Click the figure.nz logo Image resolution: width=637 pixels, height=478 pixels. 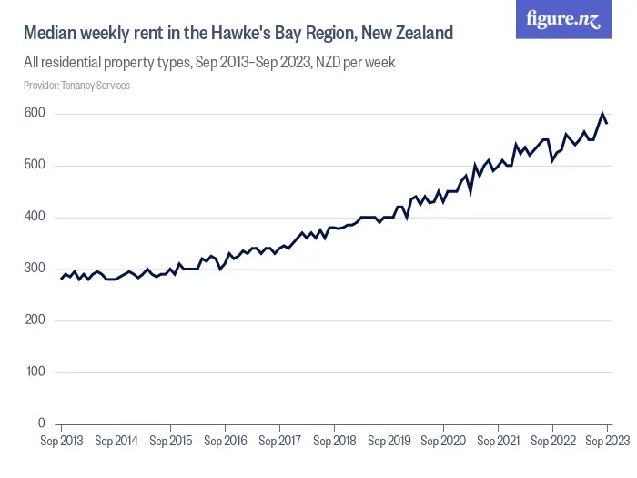coord(563,19)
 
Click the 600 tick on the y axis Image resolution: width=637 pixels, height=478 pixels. coord(35,114)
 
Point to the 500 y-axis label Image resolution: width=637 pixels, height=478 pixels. coord(35,166)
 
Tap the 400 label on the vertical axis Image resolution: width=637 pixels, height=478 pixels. coord(35,218)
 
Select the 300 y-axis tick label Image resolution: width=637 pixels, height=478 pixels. coord(35,269)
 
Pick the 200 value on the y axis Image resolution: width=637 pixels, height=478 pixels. coord(35,320)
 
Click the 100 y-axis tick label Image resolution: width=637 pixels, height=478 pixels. coord(35,372)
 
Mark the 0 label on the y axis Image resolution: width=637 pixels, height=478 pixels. coord(42,423)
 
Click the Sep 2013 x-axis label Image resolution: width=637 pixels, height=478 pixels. coord(62,441)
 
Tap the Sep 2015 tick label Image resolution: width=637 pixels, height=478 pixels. coord(171,441)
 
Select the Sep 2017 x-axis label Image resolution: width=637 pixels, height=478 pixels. coord(279,441)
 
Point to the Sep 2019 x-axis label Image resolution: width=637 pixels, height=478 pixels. coord(389,441)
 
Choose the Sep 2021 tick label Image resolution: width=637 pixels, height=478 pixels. coord(498,441)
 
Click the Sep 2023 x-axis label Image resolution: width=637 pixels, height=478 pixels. coord(605,441)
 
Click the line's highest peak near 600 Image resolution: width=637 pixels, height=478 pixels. coord(602,114)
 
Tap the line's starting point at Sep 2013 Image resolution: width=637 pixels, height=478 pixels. coord(62,279)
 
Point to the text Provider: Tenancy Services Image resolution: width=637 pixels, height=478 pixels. coord(76,86)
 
